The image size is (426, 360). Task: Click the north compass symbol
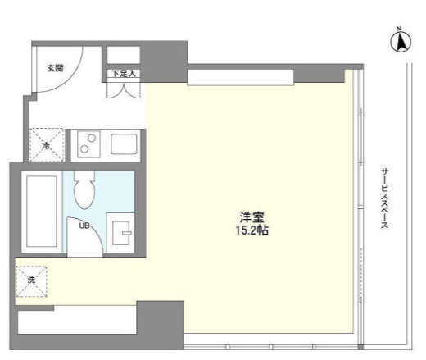point(401,43)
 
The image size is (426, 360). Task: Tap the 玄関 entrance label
point(56,68)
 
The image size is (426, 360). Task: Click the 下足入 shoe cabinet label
point(124,74)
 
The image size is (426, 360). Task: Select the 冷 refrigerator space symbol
point(47,145)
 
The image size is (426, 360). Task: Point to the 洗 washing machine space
point(31,281)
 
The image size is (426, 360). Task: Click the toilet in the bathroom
point(84,189)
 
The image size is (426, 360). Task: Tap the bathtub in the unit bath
point(42,212)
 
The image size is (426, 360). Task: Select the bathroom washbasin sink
point(120,233)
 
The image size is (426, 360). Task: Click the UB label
point(84,226)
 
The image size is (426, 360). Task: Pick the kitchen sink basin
point(124,144)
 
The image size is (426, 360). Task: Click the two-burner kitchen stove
point(88,144)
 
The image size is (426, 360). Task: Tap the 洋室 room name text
point(252,217)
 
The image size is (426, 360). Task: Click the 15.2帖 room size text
point(252,230)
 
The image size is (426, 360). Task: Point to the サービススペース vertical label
point(385,198)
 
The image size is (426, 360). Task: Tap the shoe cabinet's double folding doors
point(124,90)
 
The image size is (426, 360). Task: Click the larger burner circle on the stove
point(84,149)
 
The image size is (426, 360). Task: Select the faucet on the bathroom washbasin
point(126,233)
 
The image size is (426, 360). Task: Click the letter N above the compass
point(399,29)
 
